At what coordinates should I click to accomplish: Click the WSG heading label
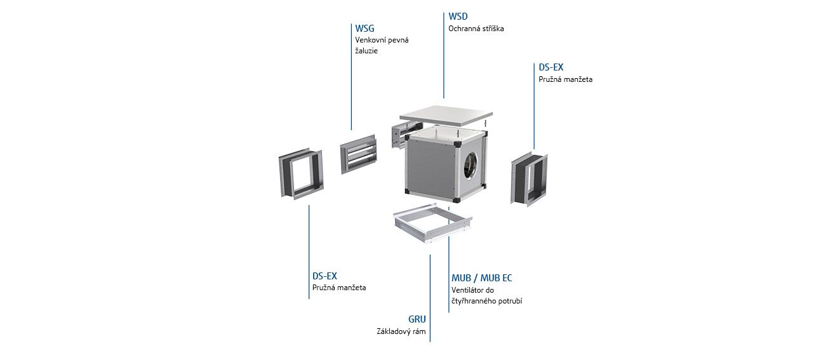[x=365, y=29]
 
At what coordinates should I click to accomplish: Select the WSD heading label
[x=458, y=17]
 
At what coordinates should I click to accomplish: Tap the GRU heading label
[x=417, y=319]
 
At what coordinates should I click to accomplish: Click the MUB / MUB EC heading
[x=481, y=278]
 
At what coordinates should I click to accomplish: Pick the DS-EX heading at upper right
[x=551, y=67]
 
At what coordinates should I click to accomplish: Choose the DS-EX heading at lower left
[x=324, y=276]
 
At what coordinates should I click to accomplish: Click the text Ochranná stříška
[x=476, y=29]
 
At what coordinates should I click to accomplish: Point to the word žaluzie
[x=366, y=51]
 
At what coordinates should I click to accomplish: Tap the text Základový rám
[x=401, y=331]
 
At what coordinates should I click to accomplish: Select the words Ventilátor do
[x=472, y=290]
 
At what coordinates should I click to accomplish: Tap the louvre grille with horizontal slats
[x=358, y=154]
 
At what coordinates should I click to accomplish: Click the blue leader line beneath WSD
[x=444, y=55]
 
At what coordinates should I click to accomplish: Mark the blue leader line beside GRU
[x=430, y=298]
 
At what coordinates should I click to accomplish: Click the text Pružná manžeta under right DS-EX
[x=565, y=79]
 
